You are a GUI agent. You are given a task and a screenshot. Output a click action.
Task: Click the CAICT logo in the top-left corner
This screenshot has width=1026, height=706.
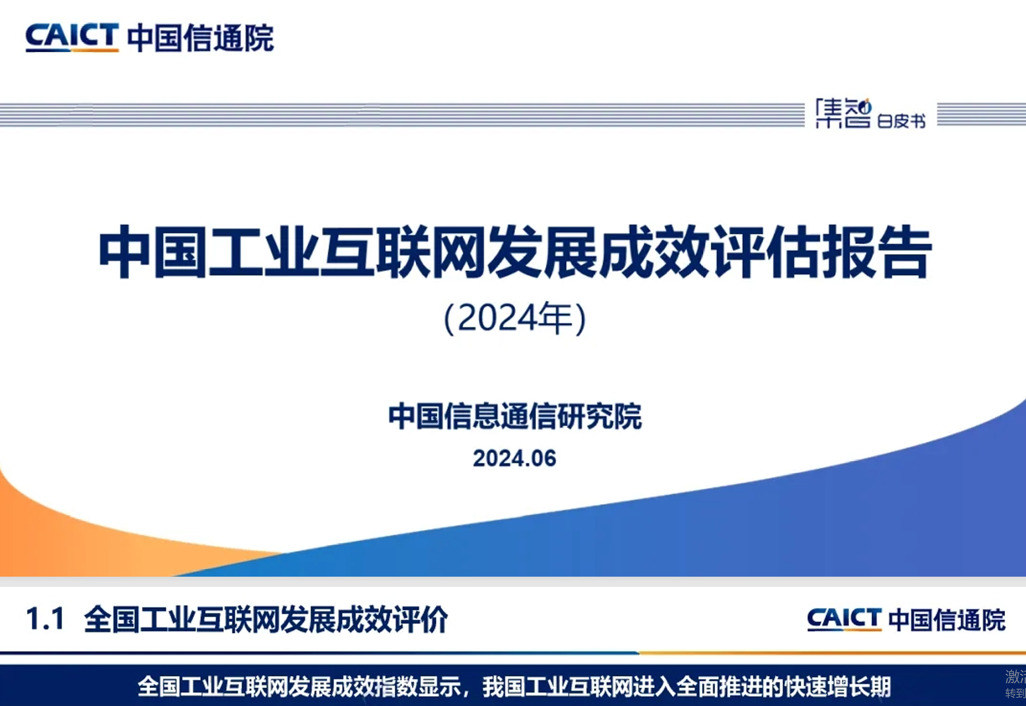tap(72, 37)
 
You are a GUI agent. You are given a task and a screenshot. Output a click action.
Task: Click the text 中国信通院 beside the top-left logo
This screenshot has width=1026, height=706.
tap(201, 38)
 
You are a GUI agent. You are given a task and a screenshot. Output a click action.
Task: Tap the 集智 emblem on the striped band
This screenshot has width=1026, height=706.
tap(844, 114)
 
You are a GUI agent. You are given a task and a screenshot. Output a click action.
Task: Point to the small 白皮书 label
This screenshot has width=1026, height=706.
tap(901, 121)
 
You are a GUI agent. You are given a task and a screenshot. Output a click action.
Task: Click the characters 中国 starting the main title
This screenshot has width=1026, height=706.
tap(153, 252)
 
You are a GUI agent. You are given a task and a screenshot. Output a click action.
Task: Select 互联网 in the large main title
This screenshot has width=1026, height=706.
tap(401, 252)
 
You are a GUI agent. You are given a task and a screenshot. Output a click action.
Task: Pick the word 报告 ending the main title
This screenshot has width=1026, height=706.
tap(877, 252)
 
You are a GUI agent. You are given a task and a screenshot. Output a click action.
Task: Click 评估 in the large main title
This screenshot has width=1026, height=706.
tap(767, 252)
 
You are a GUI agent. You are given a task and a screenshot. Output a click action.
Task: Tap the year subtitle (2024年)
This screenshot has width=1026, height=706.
tap(515, 319)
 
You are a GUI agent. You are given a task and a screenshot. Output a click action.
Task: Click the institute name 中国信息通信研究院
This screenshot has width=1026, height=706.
tap(515, 416)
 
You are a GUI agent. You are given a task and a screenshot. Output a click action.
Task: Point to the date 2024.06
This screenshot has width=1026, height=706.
tap(515, 458)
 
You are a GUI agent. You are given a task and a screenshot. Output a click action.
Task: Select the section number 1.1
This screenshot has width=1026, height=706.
tap(45, 619)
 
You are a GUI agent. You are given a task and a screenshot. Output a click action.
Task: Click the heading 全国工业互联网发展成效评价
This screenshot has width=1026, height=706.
tap(266, 619)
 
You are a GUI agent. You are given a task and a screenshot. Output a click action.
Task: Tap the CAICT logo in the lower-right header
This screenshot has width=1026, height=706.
tap(844, 619)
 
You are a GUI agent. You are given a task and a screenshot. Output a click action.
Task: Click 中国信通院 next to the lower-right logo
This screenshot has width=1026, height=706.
tap(947, 620)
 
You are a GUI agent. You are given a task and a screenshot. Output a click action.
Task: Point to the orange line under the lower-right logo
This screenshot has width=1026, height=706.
tap(833, 652)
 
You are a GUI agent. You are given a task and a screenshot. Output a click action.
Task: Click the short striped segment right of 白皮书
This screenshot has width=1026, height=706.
tap(981, 114)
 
